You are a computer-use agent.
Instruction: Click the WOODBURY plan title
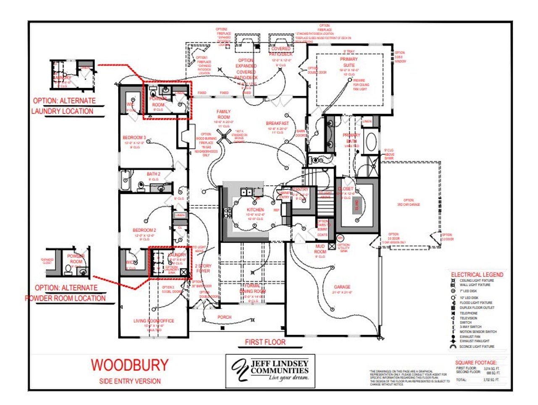point(129,365)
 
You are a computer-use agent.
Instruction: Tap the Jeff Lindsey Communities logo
point(270,371)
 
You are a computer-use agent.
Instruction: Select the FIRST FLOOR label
point(265,342)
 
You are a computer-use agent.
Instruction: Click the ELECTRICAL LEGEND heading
point(477,275)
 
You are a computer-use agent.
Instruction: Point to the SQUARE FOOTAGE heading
point(476,363)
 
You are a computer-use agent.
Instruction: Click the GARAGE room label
point(342,287)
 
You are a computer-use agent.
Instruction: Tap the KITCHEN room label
point(255,210)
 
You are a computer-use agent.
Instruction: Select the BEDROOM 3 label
point(134,138)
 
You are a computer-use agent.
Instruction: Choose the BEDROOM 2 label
point(144,230)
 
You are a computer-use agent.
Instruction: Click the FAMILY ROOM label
point(224,114)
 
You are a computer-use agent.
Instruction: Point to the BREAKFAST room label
point(277,124)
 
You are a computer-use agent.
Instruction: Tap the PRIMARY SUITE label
point(349,62)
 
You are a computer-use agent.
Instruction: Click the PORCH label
point(224,317)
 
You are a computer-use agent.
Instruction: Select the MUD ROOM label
point(320,249)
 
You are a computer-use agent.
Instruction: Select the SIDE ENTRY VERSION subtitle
point(130,381)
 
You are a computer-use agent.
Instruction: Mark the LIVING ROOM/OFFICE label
point(153,321)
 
